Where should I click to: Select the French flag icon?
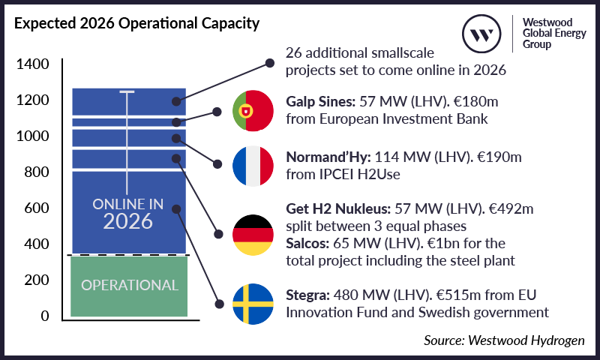pyautogui.click(x=251, y=165)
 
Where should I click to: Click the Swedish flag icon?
pyautogui.click(x=251, y=304)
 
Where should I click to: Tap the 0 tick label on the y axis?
pyautogui.click(x=45, y=316)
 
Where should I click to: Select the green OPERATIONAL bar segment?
pyautogui.click(x=129, y=285)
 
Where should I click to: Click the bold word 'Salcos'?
pyautogui.click(x=308, y=243)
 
